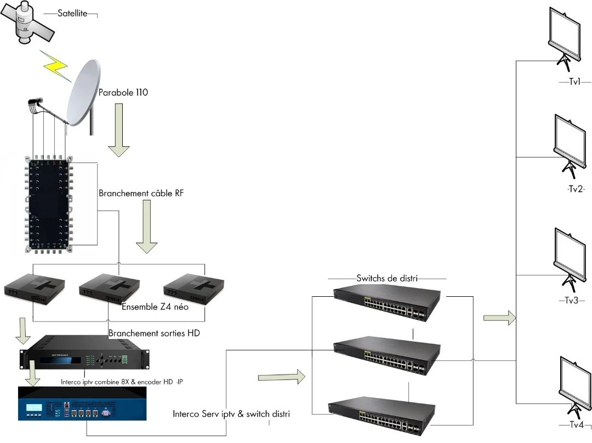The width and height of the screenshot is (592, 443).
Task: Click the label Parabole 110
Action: point(123,93)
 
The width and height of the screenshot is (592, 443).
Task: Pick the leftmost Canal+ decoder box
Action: point(34,289)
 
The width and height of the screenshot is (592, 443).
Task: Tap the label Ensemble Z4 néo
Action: point(155,307)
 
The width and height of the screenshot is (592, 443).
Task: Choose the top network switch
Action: point(387,303)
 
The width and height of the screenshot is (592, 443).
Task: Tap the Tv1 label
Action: point(574,82)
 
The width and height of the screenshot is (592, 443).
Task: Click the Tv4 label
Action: point(576,425)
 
